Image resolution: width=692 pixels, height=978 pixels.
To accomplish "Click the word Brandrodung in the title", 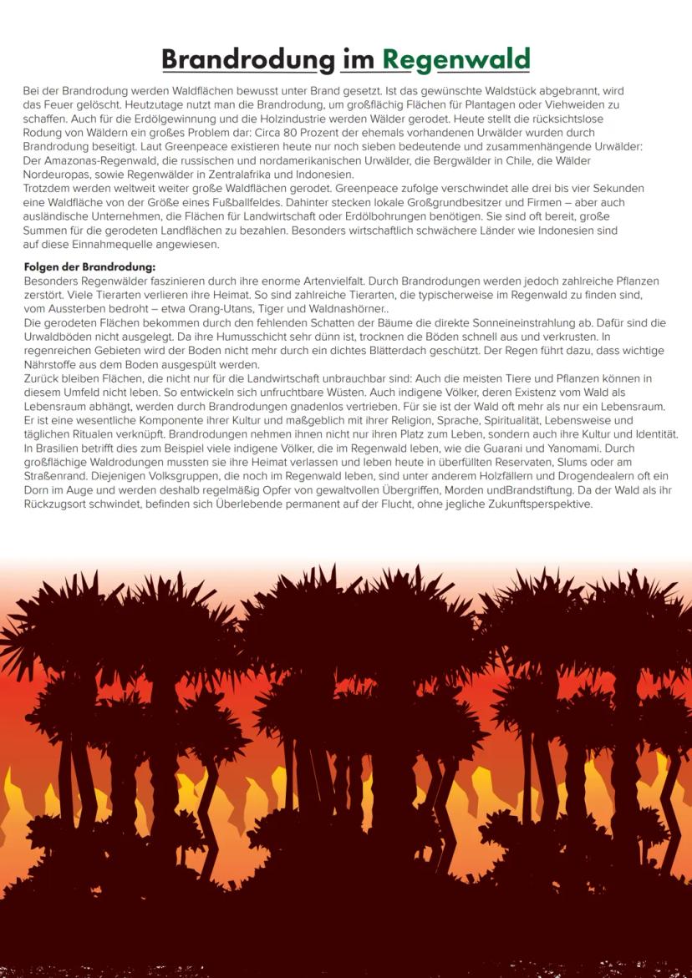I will [247, 59].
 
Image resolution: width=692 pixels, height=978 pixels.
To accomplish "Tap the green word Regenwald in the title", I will [456, 59].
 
